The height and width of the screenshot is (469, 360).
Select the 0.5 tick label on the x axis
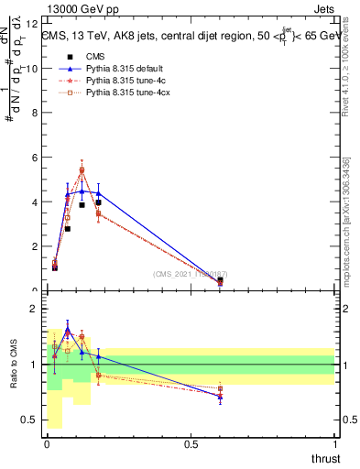tap(191, 444)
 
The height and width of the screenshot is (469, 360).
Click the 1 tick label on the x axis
tap(336, 444)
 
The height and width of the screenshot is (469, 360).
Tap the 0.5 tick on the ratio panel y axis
tap(33, 420)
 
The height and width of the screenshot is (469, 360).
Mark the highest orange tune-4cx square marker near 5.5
tap(82, 169)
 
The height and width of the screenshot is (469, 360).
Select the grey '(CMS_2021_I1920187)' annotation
tap(190, 273)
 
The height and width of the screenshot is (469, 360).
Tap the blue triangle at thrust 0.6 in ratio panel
tap(220, 397)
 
